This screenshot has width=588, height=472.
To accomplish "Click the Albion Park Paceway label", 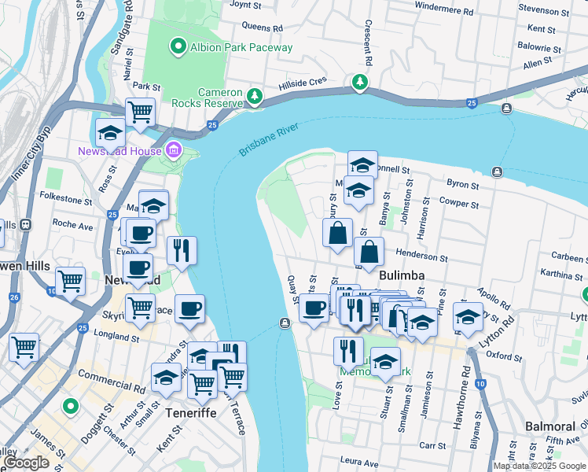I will click(x=241, y=47).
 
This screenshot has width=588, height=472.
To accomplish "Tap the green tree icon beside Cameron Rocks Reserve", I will click(x=255, y=96).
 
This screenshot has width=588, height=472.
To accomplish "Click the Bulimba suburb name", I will click(x=402, y=275).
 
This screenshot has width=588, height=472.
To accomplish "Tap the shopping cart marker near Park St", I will click(x=140, y=112).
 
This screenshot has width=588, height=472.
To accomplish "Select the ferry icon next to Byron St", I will click(x=497, y=171).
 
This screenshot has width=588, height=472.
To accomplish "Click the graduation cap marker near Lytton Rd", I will click(x=468, y=318).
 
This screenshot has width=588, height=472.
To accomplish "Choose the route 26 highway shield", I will click(x=14, y=297).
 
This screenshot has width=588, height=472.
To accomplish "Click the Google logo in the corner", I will click(x=27, y=463).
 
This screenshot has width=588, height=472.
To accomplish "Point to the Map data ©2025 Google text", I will click(x=540, y=466).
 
